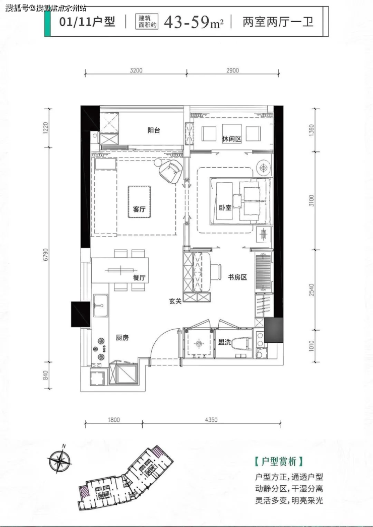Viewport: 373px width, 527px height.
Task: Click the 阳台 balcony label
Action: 154,130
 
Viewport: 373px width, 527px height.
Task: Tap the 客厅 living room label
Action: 139,209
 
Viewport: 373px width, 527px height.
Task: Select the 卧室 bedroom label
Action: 225,207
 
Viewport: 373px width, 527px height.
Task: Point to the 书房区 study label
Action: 238,277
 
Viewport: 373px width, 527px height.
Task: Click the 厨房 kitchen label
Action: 122,338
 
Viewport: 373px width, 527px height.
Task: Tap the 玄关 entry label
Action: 175,301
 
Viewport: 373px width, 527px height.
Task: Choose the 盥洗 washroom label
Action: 224,342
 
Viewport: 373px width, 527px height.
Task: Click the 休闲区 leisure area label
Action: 232,138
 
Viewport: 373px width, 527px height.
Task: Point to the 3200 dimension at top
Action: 136,70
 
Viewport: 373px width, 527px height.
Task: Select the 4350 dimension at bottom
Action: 211,419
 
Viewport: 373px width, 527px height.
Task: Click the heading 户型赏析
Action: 279,461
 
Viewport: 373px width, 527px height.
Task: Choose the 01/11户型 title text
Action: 87,22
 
